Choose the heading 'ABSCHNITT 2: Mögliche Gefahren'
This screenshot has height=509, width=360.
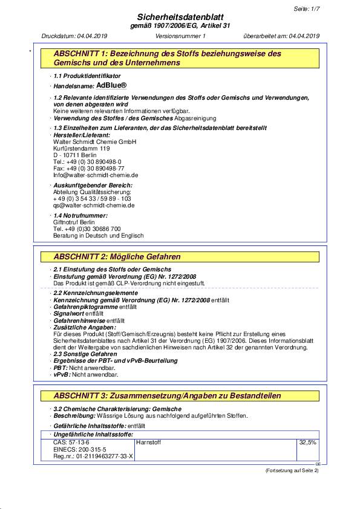click(x=117, y=258)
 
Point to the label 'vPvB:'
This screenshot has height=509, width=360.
click(x=62, y=375)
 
